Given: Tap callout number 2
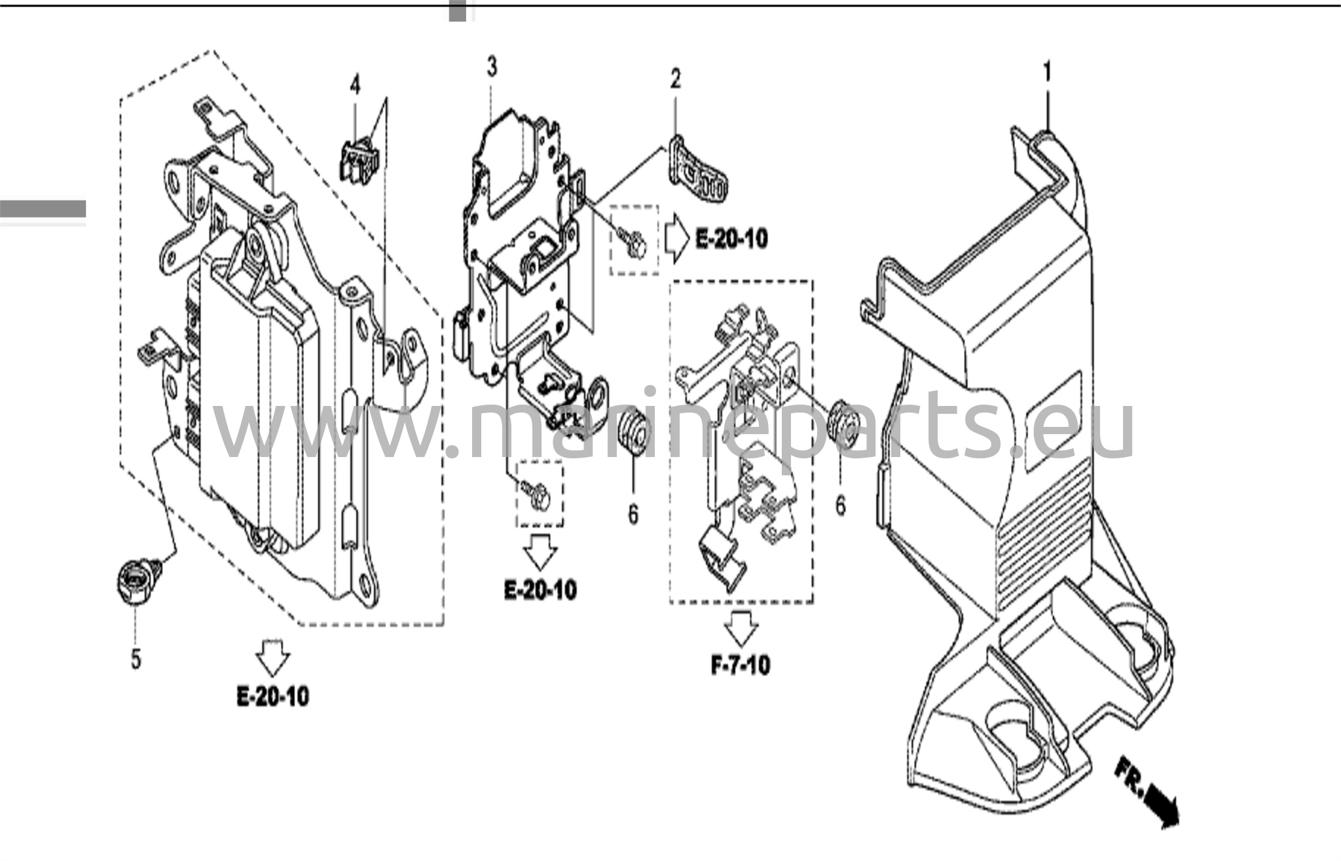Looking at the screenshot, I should [x=675, y=79].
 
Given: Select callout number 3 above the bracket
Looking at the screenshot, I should [x=492, y=67].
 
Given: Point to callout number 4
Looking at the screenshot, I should [x=355, y=86].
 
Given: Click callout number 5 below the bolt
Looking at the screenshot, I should [x=136, y=659].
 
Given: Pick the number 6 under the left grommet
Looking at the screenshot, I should [x=633, y=515].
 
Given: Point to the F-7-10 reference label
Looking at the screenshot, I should [x=741, y=666].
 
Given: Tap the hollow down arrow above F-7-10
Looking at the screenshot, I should [x=741, y=628].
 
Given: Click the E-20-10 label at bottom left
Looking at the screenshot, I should [x=272, y=697].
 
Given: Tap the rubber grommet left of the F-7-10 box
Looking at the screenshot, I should [x=633, y=431].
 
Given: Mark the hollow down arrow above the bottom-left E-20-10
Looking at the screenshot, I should [x=272, y=658].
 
